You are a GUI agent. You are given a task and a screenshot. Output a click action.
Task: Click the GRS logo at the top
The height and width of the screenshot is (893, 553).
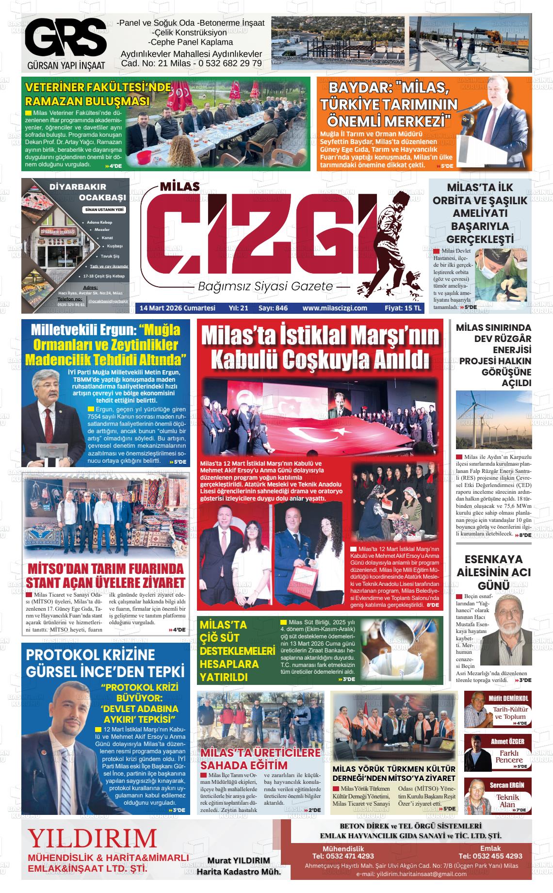pos(65,37)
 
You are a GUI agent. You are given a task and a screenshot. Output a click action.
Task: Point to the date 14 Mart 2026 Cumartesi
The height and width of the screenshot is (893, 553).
pos(177,308)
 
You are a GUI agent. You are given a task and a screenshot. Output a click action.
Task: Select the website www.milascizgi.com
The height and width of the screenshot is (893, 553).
pos(334,308)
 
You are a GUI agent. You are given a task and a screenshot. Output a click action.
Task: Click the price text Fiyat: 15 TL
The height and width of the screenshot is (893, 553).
pos(403,308)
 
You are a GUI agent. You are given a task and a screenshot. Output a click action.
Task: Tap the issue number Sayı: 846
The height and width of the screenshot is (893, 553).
pos(273,308)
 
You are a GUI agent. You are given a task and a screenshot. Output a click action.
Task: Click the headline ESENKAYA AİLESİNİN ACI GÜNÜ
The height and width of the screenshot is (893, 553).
pos(493,572)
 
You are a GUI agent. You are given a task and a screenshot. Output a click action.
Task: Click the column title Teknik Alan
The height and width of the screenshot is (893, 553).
pos(507,801)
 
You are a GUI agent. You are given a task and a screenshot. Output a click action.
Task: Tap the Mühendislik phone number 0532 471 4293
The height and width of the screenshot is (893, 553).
pos(343,856)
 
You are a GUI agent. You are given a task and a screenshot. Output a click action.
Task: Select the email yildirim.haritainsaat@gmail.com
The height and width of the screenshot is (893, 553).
pos(411,874)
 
